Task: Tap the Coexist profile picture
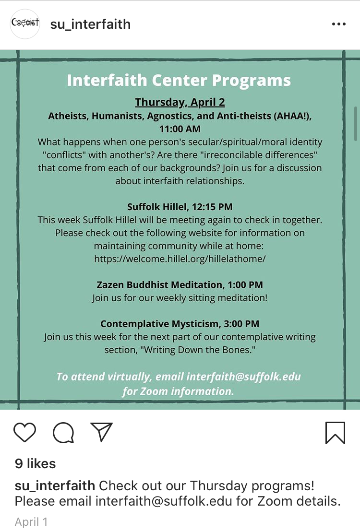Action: [x=25, y=24]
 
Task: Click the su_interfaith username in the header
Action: [x=90, y=24]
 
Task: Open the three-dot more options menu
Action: [x=338, y=24]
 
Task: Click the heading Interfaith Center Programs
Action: [x=179, y=80]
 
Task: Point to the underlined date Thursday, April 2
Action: [x=180, y=102]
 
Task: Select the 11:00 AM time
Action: [x=180, y=129]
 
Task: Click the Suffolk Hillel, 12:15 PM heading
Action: [x=180, y=207]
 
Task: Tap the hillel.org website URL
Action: [x=180, y=259]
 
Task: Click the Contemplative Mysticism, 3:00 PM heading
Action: [x=180, y=324]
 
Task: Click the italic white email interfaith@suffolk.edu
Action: [x=243, y=377]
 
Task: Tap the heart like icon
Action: [x=25, y=432]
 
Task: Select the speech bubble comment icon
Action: [x=63, y=433]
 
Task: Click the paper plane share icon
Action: [x=101, y=432]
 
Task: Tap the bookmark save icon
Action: [x=335, y=433]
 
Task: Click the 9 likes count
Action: [x=36, y=463]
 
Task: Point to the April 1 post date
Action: [x=31, y=521]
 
